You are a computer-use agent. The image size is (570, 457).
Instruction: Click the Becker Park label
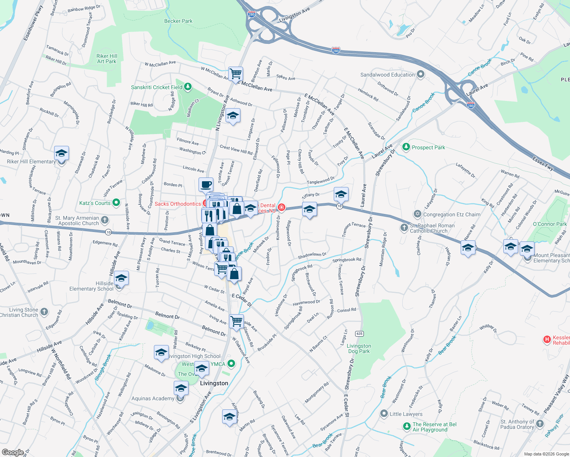pos(178,21)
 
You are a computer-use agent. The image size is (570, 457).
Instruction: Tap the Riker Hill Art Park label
pos(107,59)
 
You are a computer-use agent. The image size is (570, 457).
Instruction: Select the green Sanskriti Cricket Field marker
pos(188,87)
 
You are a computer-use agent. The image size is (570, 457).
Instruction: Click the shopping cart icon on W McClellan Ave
pos(235,73)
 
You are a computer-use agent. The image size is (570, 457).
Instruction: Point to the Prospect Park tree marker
pos(406,147)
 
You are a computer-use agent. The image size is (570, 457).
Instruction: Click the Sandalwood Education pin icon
pos(421,74)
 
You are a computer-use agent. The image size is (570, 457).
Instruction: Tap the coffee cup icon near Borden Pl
pos(206,185)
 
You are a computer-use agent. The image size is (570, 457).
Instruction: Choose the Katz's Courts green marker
pos(117,203)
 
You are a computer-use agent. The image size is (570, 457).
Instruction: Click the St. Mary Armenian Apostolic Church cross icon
pos(105,220)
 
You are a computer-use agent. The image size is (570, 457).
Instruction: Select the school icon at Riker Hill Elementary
pos(61,153)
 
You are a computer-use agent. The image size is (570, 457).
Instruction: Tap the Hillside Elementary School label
pos(91,286)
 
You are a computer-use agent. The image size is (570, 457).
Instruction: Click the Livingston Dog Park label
pos(359,348)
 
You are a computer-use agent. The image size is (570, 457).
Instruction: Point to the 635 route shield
pos(359,334)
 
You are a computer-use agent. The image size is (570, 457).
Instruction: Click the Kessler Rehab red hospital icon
pos(547,339)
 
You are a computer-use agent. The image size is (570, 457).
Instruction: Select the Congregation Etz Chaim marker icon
pos(418,214)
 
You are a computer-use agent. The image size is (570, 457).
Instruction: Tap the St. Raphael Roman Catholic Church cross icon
pos(404,228)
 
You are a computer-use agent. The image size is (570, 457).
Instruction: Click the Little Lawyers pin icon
pos(384,414)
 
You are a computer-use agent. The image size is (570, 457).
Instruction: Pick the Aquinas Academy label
pos(153,398)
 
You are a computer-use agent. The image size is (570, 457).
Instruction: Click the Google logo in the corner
pos(13,452)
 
